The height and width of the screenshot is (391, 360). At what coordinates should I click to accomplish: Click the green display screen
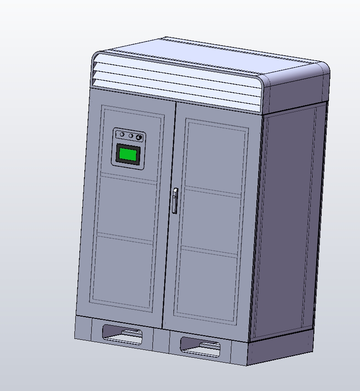tap(128, 154)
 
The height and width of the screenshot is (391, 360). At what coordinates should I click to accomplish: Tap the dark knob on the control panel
tap(139, 137)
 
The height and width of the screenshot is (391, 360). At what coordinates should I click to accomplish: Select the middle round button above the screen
tap(131, 136)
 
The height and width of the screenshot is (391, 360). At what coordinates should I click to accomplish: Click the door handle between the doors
tap(175, 201)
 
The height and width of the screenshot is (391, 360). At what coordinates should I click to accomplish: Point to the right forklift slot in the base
tap(200, 346)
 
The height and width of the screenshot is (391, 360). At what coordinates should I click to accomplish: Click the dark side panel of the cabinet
tap(287, 219)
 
